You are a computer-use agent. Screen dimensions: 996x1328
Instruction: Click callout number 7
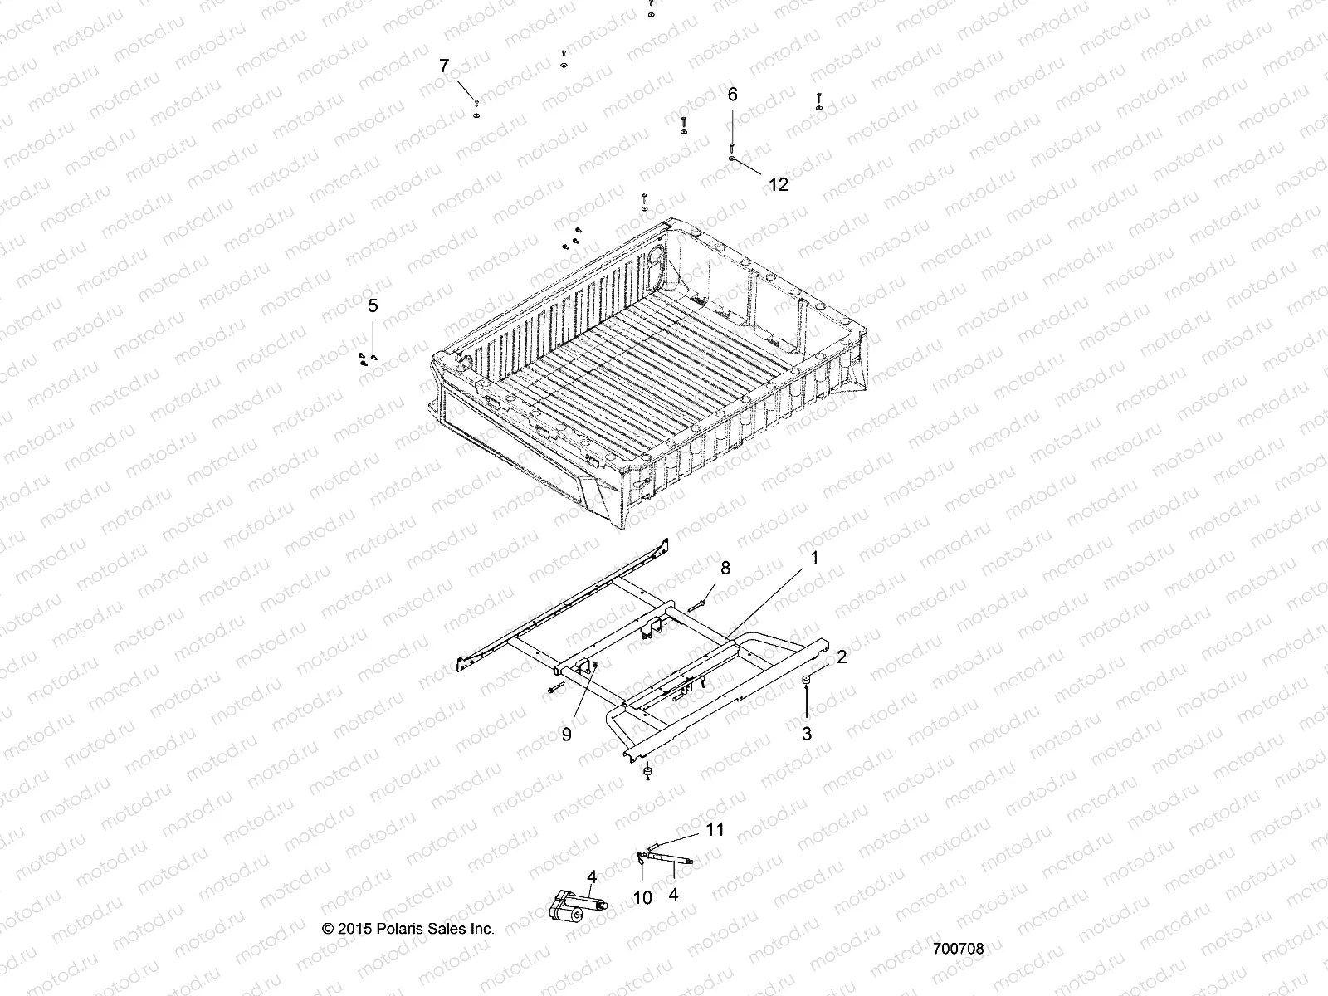[443, 66]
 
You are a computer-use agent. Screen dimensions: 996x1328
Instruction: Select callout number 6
[732, 95]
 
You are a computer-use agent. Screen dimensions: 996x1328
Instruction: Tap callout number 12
[778, 185]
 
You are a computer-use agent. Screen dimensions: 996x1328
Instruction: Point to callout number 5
[373, 306]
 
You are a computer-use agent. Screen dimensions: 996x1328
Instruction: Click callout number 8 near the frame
[725, 568]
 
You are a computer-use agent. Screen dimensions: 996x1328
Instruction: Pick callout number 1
[814, 558]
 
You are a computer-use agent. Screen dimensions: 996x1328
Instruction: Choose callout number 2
[842, 657]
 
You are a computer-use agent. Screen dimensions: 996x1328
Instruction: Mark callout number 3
[806, 734]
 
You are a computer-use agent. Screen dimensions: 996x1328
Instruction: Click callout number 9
[567, 735]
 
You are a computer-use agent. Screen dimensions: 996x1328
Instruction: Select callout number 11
[715, 829]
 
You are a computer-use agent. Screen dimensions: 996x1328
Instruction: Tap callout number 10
[642, 897]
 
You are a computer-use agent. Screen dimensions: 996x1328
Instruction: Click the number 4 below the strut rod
[673, 895]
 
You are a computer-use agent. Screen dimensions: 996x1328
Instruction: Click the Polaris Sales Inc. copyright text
[408, 929]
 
